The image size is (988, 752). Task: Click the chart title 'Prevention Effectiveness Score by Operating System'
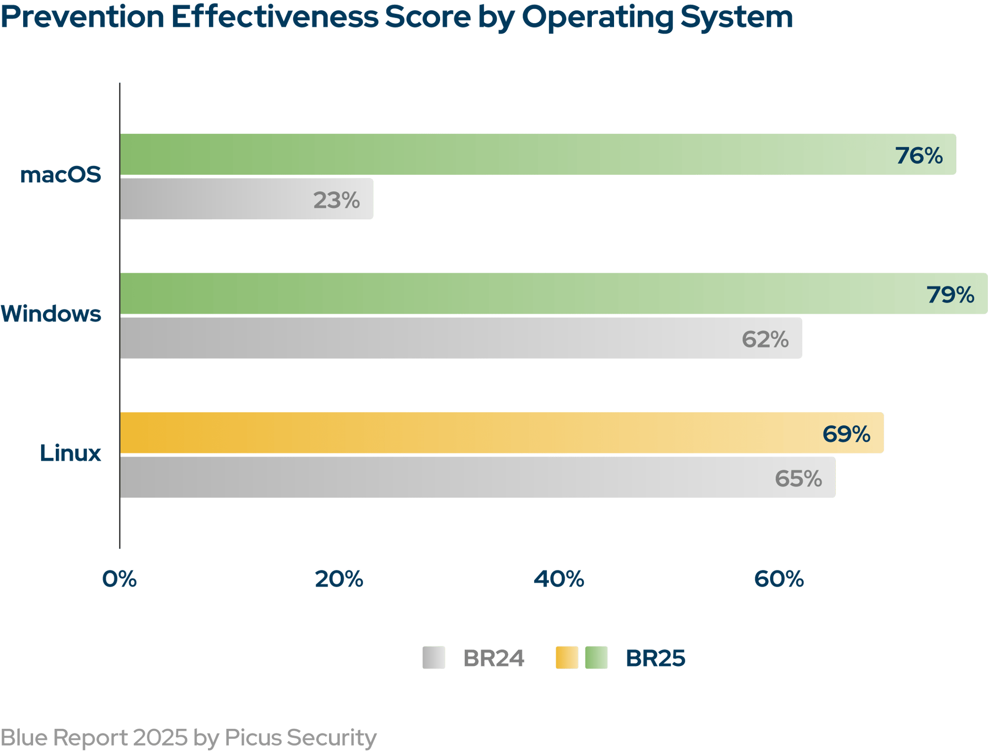[396, 18]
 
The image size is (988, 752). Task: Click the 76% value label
[919, 156]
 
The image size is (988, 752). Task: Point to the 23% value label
[336, 200]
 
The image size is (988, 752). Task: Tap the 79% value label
[950, 295]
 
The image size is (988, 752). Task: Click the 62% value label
[765, 339]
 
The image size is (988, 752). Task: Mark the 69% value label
[846, 434]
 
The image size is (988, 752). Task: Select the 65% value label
[798, 479]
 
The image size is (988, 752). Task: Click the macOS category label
[61, 175]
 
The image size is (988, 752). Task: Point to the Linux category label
[71, 453]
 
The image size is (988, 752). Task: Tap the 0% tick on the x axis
[119, 579]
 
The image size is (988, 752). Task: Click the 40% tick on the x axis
[559, 579]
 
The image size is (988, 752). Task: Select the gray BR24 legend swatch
[434, 658]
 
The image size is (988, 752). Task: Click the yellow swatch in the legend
[567, 658]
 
